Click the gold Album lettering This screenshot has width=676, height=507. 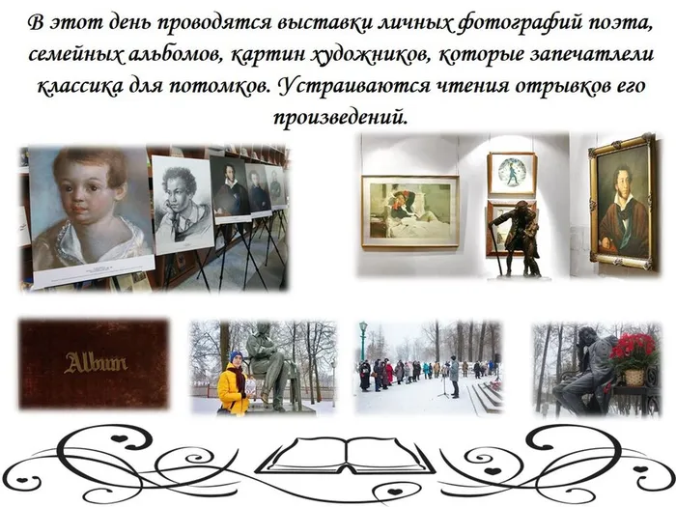(96, 364)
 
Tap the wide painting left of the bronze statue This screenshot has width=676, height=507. (409, 210)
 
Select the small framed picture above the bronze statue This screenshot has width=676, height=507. (511, 173)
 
